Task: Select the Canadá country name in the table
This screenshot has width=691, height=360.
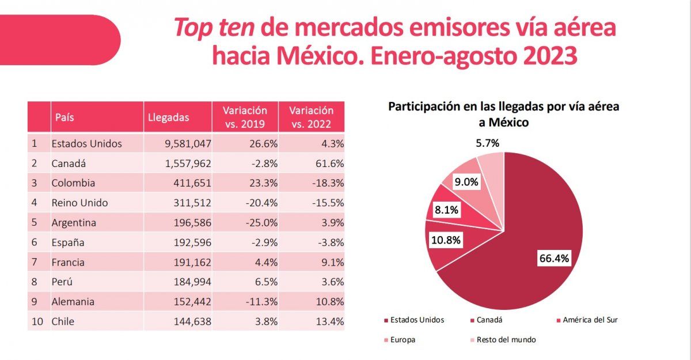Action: (69, 164)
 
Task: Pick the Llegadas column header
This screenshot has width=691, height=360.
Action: (168, 117)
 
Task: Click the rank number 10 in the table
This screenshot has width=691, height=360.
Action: (37, 321)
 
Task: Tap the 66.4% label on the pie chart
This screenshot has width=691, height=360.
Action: (553, 259)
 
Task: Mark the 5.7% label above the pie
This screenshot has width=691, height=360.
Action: (487, 142)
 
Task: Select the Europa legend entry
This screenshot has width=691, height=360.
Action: (403, 340)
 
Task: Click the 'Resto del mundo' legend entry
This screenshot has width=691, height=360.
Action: (499, 340)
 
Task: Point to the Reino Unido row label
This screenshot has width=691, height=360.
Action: (79, 203)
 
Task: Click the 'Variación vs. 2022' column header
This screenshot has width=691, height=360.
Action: (311, 116)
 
